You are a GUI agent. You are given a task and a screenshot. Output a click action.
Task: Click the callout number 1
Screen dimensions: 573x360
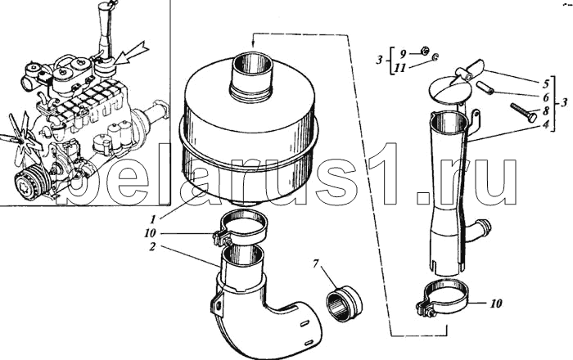pyautogui.click(x=153, y=219)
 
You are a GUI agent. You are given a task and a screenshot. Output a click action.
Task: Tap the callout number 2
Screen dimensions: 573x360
pyautogui.click(x=153, y=247)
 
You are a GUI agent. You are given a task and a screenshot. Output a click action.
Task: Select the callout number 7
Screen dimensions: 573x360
pyautogui.click(x=316, y=263)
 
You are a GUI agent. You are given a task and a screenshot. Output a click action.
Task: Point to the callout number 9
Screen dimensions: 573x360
pyautogui.click(x=403, y=54)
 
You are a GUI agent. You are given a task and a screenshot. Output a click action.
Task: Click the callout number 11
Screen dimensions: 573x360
pyautogui.click(x=400, y=68)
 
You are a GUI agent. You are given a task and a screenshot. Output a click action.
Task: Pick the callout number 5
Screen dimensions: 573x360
pyautogui.click(x=546, y=84)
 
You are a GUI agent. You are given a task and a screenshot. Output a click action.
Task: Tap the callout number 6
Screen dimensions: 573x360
pyautogui.click(x=546, y=97)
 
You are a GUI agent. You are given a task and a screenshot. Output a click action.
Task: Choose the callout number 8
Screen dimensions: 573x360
pyautogui.click(x=546, y=111)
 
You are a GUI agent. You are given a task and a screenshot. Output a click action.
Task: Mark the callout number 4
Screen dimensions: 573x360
pyautogui.click(x=546, y=124)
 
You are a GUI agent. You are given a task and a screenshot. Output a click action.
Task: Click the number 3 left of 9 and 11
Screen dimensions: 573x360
pyautogui.click(x=380, y=60)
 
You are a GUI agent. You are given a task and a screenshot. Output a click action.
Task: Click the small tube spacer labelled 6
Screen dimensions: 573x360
pyautogui.click(x=485, y=88)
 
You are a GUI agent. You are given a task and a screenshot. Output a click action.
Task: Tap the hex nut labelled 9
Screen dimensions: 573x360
pyautogui.click(x=425, y=51)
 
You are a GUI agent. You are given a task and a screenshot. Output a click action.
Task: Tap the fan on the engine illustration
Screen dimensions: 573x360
pyautogui.click(x=20, y=135)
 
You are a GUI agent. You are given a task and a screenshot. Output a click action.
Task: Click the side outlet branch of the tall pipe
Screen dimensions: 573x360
pyautogui.click(x=478, y=231)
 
